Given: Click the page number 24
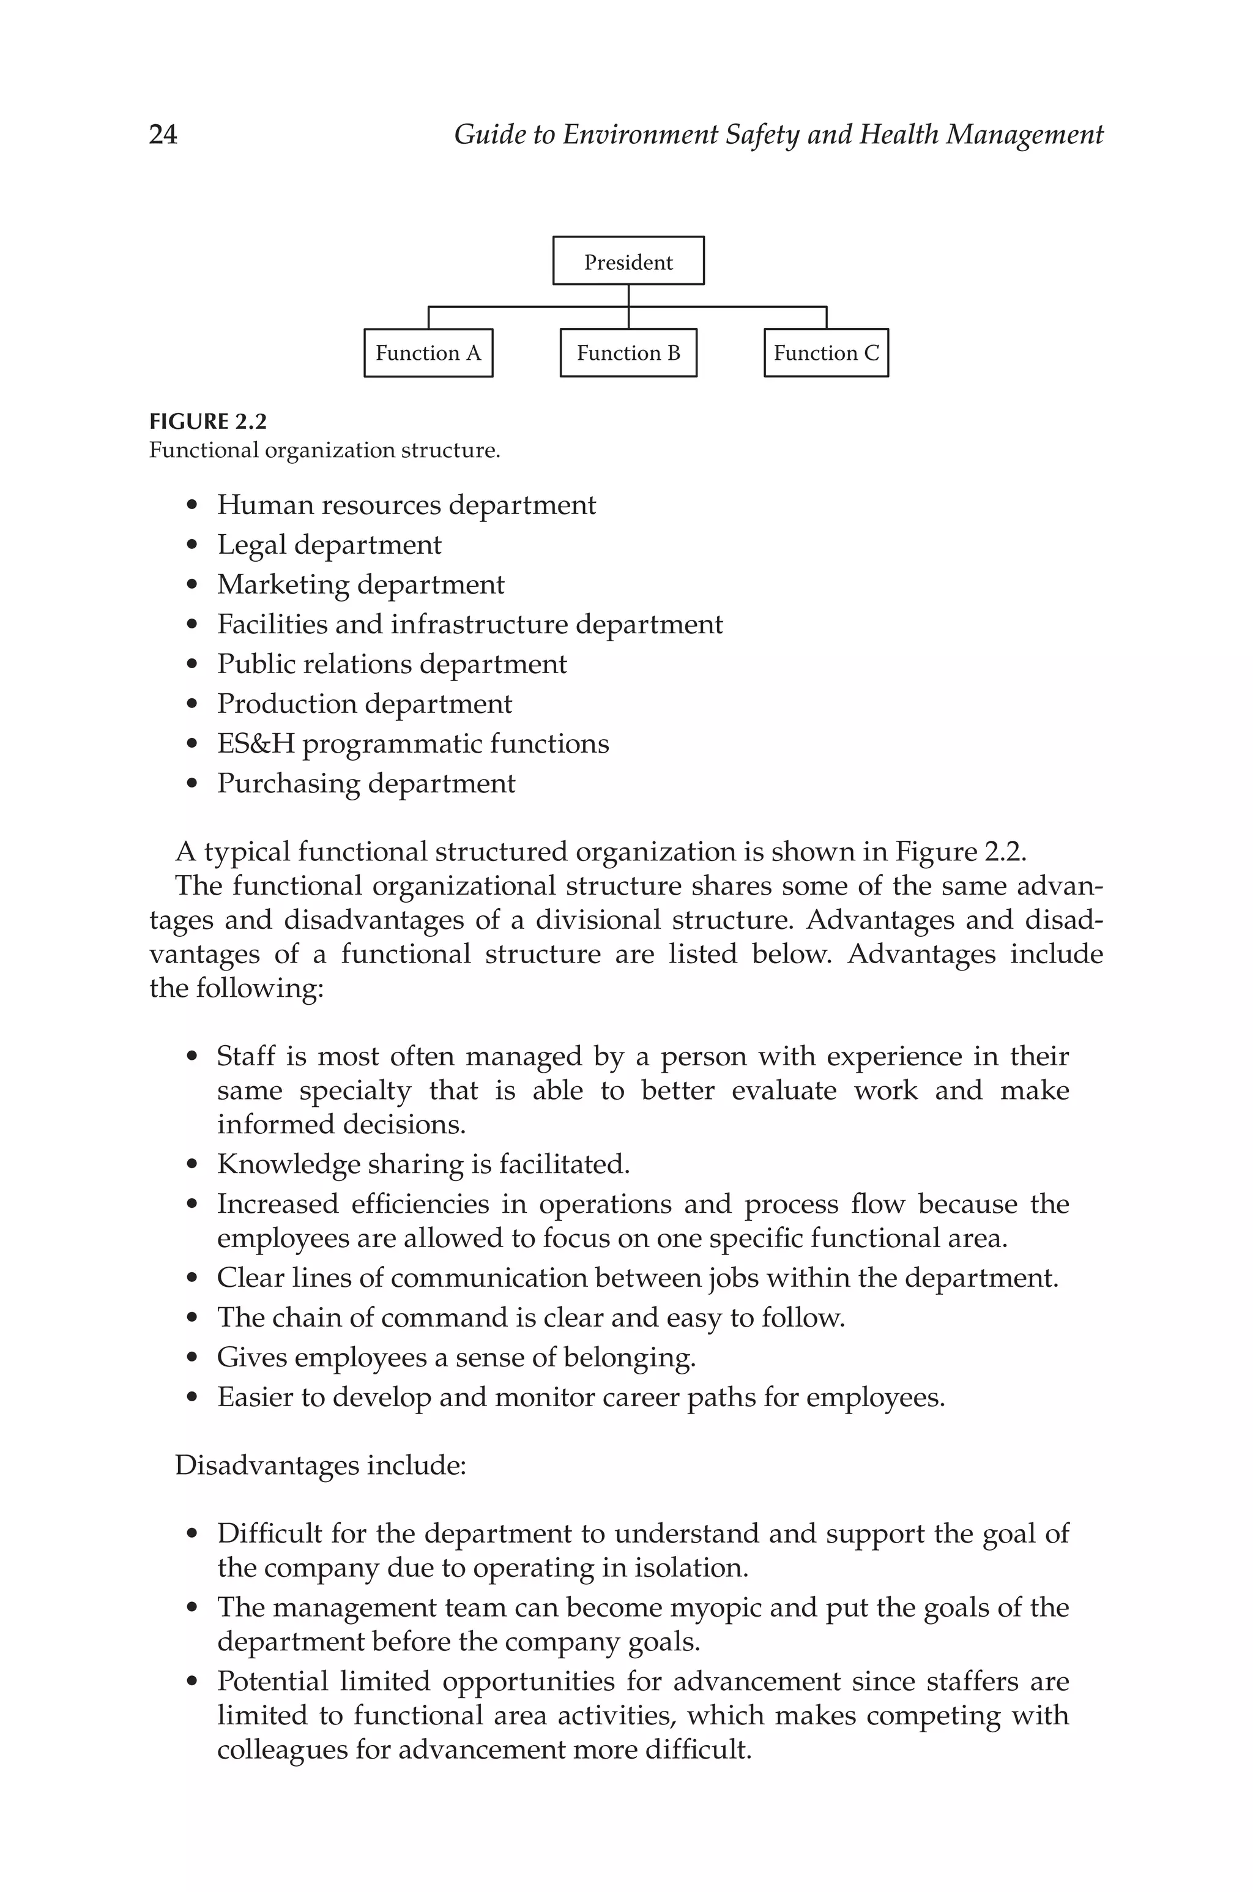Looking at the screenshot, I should [163, 134].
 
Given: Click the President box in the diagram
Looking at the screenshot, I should [628, 261].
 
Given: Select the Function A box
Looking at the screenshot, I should [428, 353].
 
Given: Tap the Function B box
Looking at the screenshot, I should [628, 353].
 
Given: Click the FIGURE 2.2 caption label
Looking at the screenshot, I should [208, 422].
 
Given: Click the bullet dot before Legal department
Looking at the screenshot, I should [191, 546].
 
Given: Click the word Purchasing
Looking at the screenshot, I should [288, 784].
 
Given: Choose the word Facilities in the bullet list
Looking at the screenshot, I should [271, 625].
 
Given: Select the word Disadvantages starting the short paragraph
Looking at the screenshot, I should [267, 1466].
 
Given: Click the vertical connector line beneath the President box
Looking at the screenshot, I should [628, 296].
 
